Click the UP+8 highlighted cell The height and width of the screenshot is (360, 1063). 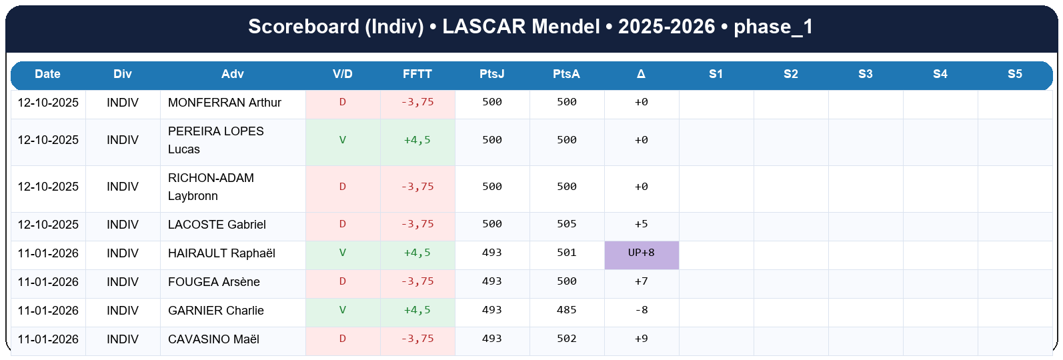(641, 253)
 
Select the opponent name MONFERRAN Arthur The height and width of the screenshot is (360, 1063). (224, 103)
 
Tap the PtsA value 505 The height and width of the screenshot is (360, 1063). (566, 225)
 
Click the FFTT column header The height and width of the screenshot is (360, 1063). (417, 74)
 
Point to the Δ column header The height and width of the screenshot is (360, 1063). (641, 74)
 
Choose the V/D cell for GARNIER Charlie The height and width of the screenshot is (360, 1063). (342, 311)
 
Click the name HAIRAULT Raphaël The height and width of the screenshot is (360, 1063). (221, 253)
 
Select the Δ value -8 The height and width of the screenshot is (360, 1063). (641, 311)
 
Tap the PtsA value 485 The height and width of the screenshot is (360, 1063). (566, 311)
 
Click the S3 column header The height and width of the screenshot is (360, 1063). (865, 74)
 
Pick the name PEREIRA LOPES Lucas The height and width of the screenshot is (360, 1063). (215, 140)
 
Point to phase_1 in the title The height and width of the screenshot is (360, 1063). (773, 27)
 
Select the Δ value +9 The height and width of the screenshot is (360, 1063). (641, 339)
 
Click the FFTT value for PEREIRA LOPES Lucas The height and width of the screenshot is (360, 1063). (417, 140)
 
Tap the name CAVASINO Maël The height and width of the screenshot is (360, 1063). (213, 339)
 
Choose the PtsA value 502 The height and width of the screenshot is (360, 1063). (566, 339)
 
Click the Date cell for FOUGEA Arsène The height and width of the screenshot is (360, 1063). (48, 282)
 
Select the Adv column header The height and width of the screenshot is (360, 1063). (232, 74)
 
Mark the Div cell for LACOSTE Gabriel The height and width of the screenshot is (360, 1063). (123, 225)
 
